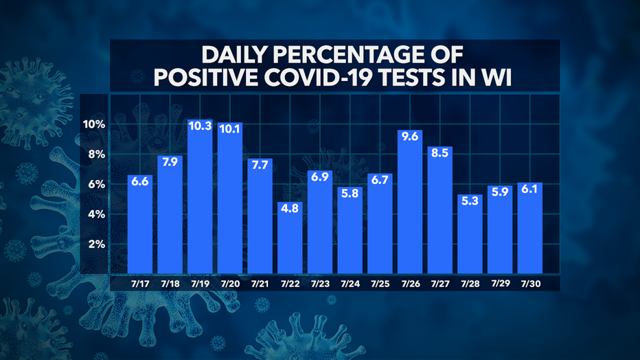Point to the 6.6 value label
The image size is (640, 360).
click(140, 182)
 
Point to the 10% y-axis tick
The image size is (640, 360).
click(94, 124)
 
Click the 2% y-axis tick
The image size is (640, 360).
click(97, 245)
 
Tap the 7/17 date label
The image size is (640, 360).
click(140, 282)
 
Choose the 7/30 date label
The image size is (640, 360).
click(530, 282)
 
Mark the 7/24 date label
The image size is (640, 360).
click(350, 282)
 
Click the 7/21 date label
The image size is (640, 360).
click(260, 282)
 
